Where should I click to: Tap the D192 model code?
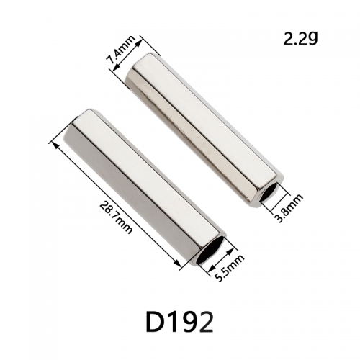(179, 322)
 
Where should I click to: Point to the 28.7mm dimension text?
(115, 217)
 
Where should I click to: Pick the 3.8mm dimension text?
(288, 208)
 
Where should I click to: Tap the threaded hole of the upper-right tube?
(268, 193)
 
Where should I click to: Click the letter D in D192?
(155, 322)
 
